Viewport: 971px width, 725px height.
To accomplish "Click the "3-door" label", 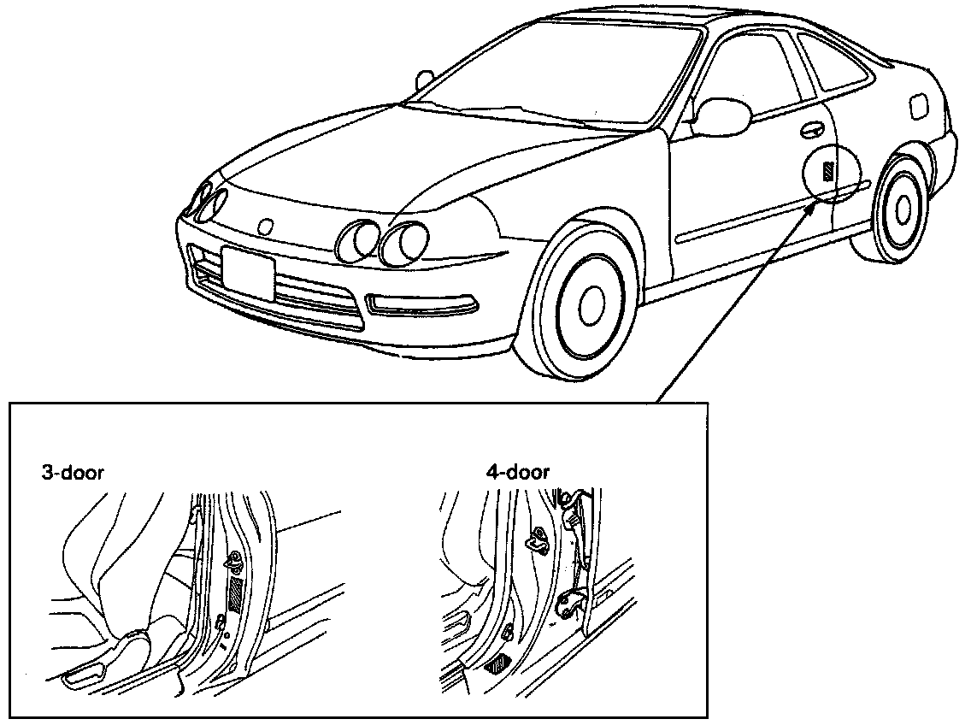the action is coord(73,472).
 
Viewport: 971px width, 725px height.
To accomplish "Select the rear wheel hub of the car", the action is coord(902,208).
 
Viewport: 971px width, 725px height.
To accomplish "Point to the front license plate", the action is coord(247,272).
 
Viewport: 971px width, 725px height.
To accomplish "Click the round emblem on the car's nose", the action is coord(265,227).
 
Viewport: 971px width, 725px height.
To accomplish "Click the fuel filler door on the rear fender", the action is coord(919,106).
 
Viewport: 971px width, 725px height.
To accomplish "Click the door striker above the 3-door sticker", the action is coord(232,563).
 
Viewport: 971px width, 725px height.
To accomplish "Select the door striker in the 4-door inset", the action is coord(539,539).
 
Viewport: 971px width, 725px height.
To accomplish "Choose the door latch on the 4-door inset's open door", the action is coord(567,605).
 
